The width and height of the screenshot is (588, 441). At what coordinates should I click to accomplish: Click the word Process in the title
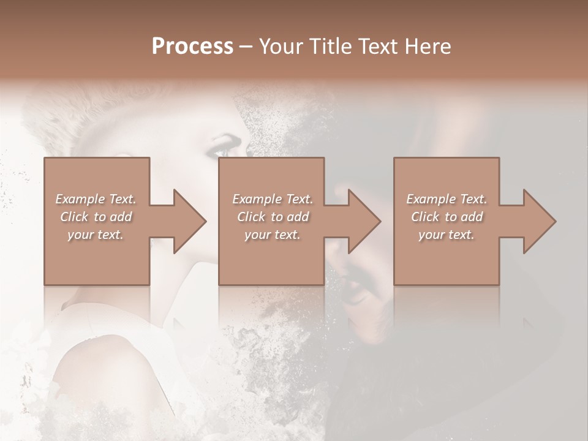(192, 47)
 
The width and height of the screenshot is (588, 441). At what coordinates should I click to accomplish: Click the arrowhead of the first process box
(187, 221)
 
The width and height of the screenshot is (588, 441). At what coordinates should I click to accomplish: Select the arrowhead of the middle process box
(362, 221)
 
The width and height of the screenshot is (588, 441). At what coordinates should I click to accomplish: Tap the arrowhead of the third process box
(537, 221)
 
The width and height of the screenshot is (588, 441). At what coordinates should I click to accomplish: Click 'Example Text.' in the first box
(96, 199)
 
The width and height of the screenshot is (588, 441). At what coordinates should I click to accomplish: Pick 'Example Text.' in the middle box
(273, 199)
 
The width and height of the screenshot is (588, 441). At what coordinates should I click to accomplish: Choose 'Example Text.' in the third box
(447, 199)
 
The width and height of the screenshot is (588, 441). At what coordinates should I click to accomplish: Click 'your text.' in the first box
(96, 235)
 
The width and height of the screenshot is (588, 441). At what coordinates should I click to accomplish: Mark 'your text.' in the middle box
(273, 235)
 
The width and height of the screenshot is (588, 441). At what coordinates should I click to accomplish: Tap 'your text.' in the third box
(447, 235)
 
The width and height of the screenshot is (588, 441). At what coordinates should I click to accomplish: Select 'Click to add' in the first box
(96, 217)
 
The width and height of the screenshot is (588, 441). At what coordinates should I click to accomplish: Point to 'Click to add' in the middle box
(273, 217)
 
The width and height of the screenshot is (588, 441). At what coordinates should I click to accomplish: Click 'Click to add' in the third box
(447, 217)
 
